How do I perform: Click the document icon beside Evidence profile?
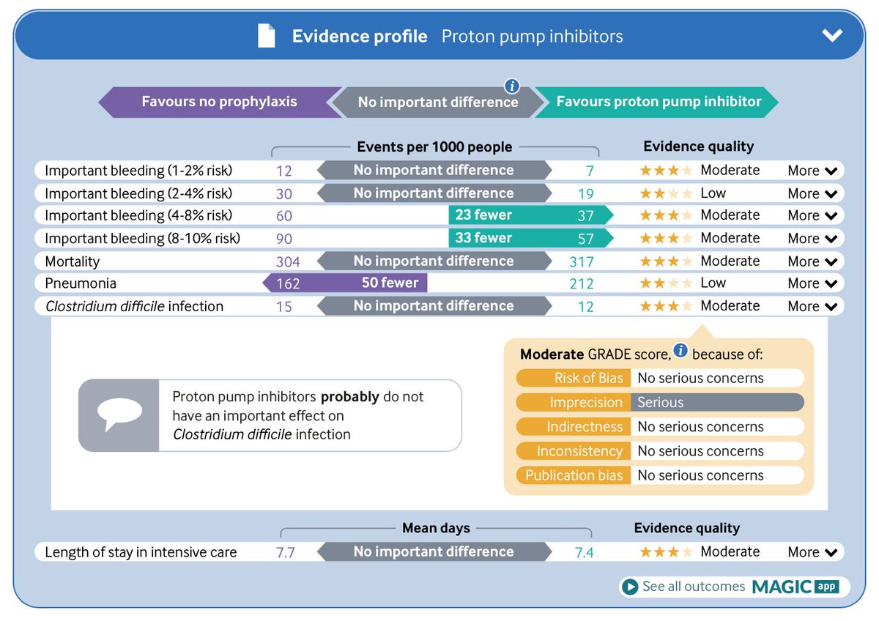coord(267,36)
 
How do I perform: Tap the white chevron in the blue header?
coord(832,36)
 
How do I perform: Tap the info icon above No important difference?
coord(512,85)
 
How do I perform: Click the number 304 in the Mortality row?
coord(288,261)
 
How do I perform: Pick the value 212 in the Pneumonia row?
coord(582,283)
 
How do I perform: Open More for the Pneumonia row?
coord(812,283)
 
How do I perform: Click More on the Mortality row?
coord(812,261)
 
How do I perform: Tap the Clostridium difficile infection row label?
coord(134,306)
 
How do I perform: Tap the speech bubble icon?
coord(119,414)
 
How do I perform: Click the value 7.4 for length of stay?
coord(584,552)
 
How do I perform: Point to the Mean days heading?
coord(436,527)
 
